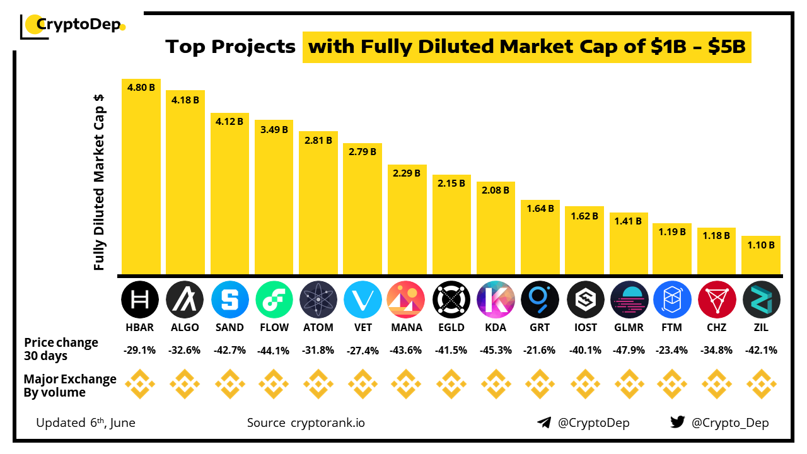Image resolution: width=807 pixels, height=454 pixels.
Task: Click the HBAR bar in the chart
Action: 141,180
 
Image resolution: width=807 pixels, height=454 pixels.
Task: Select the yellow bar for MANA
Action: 407,221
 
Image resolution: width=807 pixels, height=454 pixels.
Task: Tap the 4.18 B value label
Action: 185,99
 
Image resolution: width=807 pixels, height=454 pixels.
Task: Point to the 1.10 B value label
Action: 761,245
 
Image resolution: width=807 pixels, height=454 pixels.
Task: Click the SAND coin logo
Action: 229,300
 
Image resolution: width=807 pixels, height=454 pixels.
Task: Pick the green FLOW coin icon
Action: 274,300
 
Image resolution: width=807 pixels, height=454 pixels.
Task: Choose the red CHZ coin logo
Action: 717,300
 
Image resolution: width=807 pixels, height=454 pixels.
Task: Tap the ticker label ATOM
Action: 318,327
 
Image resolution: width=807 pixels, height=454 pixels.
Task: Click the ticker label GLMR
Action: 629,327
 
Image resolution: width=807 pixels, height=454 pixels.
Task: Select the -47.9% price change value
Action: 629,350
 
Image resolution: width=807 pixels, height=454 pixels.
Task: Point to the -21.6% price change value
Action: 540,350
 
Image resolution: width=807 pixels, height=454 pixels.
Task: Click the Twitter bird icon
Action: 677,422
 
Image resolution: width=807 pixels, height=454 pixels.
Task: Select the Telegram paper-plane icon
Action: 544,422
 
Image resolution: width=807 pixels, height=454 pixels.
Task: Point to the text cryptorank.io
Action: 327,422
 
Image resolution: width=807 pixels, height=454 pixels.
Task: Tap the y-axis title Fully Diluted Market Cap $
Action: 99,182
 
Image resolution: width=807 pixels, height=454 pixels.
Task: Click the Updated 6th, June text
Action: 86,422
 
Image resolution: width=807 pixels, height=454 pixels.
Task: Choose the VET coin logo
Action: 363,300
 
